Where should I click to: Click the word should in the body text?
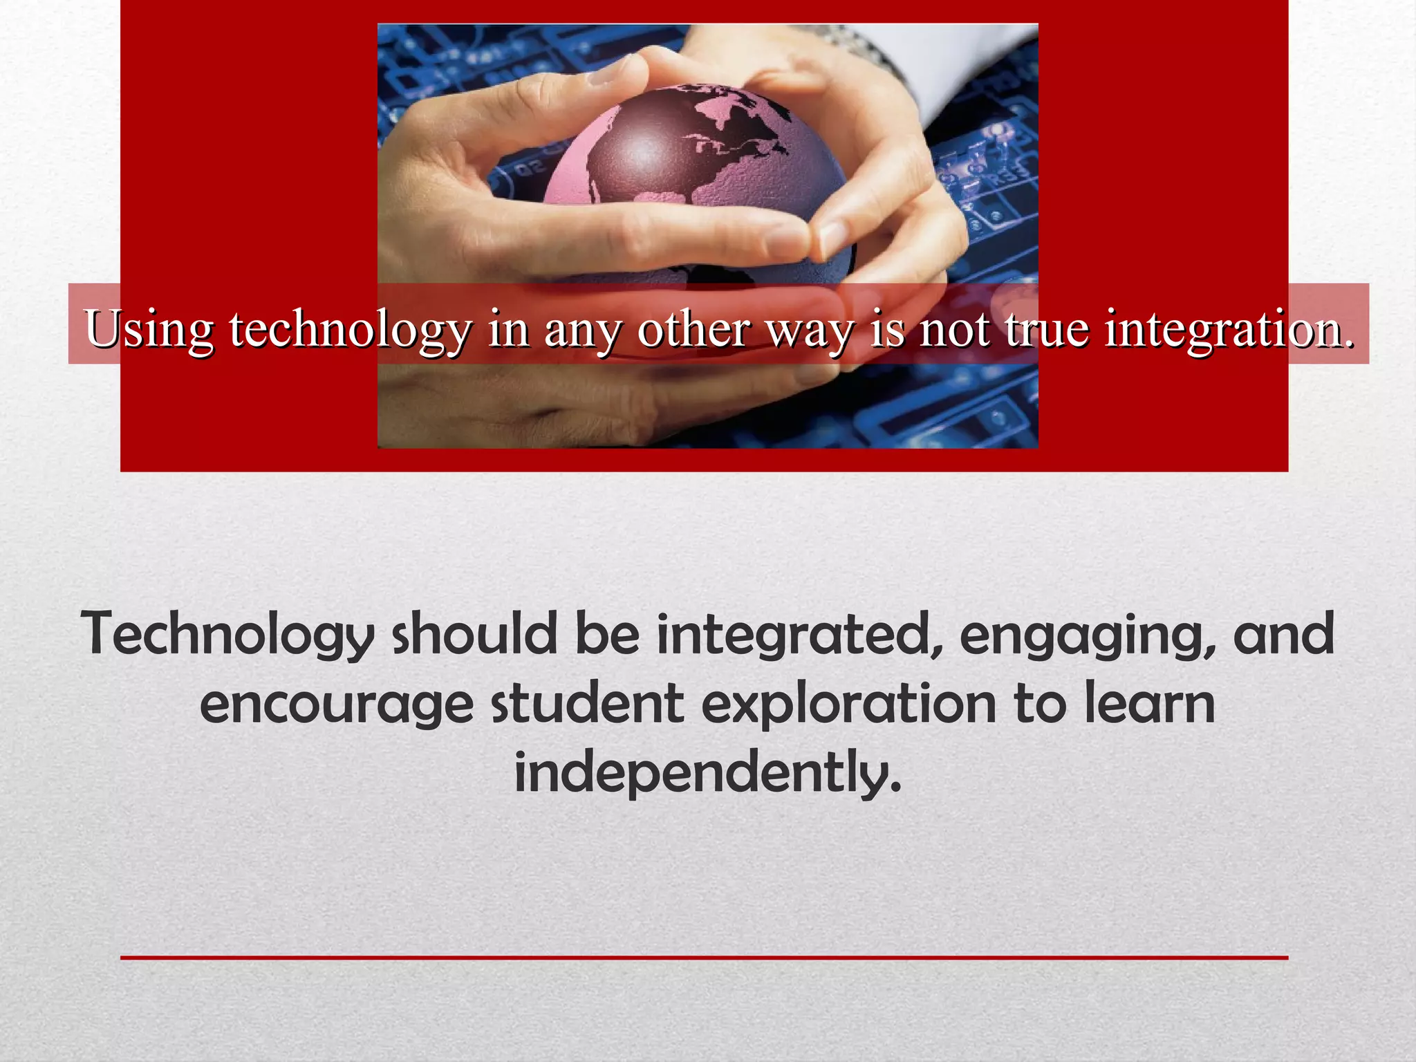pyautogui.click(x=474, y=635)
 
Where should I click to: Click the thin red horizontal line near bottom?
pyautogui.click(x=704, y=958)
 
